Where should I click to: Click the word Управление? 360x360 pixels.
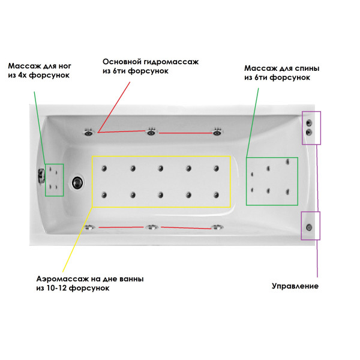pyautogui.click(x=295, y=286)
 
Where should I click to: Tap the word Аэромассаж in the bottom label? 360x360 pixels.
pyautogui.click(x=62, y=279)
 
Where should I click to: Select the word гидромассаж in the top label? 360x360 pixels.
pyautogui.click(x=171, y=62)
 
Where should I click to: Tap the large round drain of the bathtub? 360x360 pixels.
pyautogui.click(x=77, y=182)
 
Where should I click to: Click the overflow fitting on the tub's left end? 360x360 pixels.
pyautogui.click(x=41, y=176)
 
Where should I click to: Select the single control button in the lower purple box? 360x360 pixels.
pyautogui.click(x=309, y=227)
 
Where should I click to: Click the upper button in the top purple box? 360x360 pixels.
pyautogui.click(x=309, y=123)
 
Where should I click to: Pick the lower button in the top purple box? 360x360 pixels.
pyautogui.click(x=309, y=132)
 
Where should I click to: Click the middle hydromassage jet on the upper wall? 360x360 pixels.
pyautogui.click(x=151, y=132)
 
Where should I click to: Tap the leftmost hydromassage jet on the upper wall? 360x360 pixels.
pyautogui.click(x=89, y=132)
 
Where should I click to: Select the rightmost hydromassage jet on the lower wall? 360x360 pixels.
pyautogui.click(x=217, y=227)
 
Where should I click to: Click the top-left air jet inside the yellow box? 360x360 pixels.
pyautogui.click(x=104, y=169)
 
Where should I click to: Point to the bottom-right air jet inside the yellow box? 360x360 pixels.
pyautogui.click(x=216, y=195)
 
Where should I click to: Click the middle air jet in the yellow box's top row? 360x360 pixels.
pyautogui.click(x=160, y=169)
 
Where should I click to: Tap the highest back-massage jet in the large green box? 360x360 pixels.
pyautogui.click(x=287, y=162)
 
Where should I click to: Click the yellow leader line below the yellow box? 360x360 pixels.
pyautogui.click(x=77, y=239)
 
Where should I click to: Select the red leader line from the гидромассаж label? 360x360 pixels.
pyautogui.click(x=114, y=107)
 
